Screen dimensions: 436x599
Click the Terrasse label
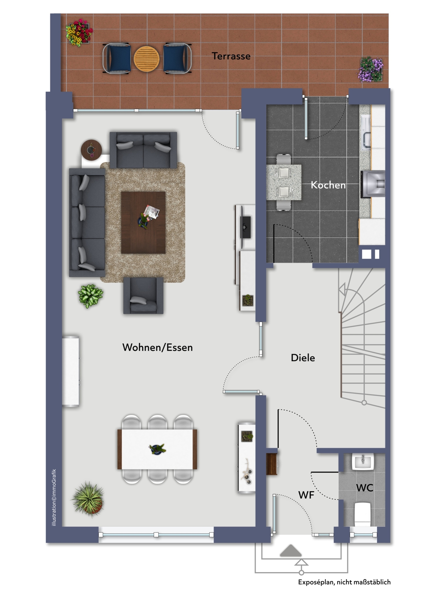point(231,56)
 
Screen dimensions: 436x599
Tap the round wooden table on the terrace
point(147,59)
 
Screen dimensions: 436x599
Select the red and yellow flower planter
point(79,32)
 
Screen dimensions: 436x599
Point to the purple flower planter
point(371,69)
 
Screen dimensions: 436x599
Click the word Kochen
point(328,185)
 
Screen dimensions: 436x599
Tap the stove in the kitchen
point(373,184)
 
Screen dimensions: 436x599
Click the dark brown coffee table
point(143,223)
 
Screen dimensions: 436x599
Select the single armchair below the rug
point(143,296)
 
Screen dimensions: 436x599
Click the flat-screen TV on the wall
point(245,227)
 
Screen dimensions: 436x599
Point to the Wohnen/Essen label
point(157,347)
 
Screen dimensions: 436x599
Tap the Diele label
point(303,358)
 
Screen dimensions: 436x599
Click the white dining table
point(157,449)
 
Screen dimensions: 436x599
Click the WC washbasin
point(363,462)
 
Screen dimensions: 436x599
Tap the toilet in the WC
point(362,514)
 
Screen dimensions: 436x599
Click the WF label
point(306,495)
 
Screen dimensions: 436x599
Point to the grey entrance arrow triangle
point(291,551)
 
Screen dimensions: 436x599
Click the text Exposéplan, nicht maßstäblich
point(344,582)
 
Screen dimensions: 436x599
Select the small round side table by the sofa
point(91,150)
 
